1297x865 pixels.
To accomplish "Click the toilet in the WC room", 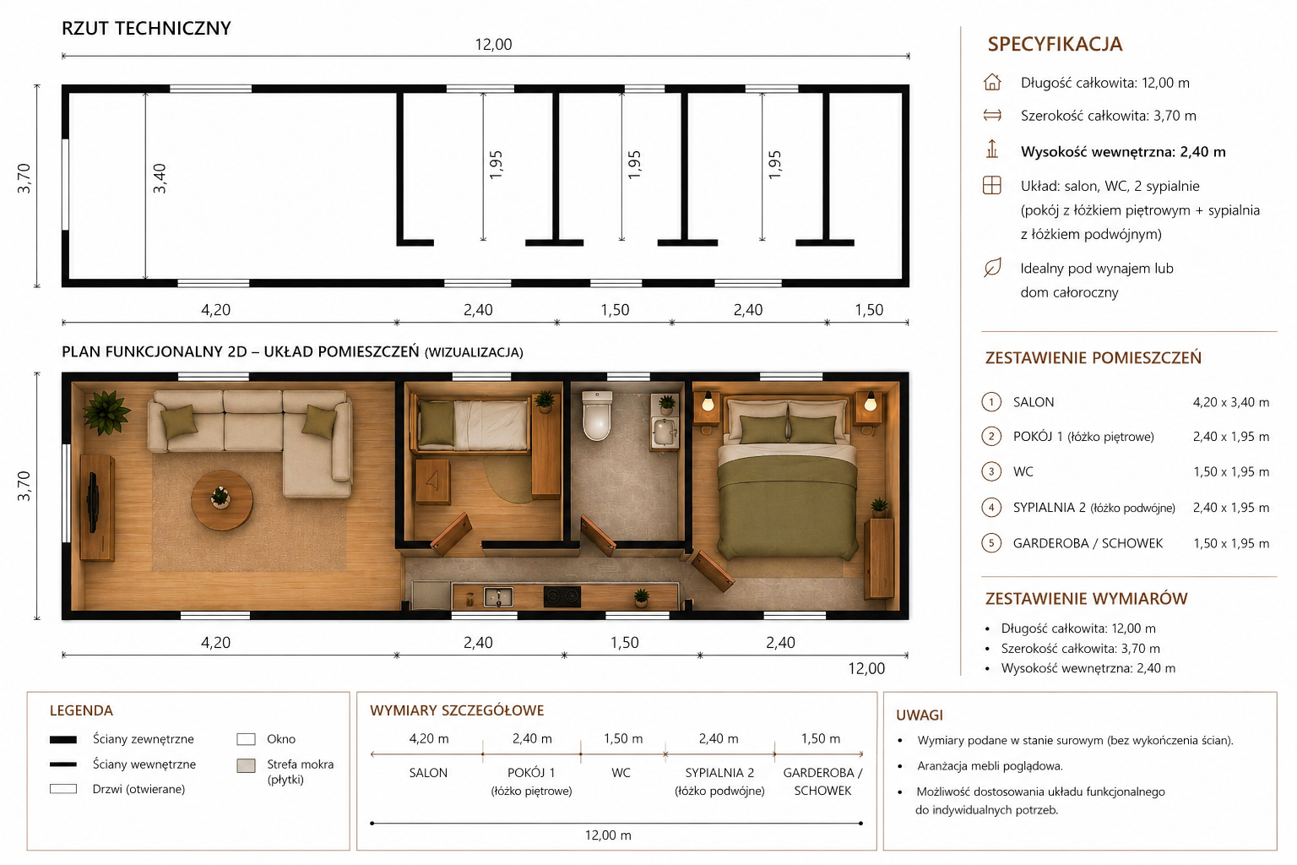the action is pyautogui.click(x=597, y=416).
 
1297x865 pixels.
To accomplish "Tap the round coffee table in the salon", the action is pyautogui.click(x=222, y=500).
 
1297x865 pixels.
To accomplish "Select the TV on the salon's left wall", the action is pyautogui.click(x=93, y=502).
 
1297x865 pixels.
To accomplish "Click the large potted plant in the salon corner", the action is pyautogui.click(x=106, y=412).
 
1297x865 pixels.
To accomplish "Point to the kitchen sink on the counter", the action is pyautogui.click(x=498, y=596).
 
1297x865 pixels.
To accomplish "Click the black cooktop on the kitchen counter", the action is pyautogui.click(x=562, y=596).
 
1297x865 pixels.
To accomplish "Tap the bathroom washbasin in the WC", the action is pyautogui.click(x=665, y=432).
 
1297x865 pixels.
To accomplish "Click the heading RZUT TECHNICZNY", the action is pyautogui.click(x=146, y=29).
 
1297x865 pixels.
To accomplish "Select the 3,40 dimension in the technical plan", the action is pyautogui.click(x=160, y=178).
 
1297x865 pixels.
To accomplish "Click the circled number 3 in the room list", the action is pyautogui.click(x=991, y=471).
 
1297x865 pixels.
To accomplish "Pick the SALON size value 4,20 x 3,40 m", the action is pyautogui.click(x=1231, y=402).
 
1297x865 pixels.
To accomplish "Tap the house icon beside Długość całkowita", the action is pyautogui.click(x=992, y=82).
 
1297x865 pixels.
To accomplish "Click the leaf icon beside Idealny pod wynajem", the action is pyautogui.click(x=992, y=268).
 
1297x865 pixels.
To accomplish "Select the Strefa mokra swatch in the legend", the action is pyautogui.click(x=246, y=765).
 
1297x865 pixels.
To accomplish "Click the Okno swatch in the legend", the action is pyautogui.click(x=246, y=739).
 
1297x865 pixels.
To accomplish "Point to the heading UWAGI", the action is pyautogui.click(x=920, y=715).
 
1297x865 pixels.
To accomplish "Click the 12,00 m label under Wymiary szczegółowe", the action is pyautogui.click(x=608, y=835).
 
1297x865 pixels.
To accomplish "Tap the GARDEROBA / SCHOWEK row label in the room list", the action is pyautogui.click(x=1088, y=543).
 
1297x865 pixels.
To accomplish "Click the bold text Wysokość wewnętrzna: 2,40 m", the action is pyautogui.click(x=1123, y=152).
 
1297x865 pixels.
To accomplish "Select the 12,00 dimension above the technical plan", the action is pyautogui.click(x=493, y=45).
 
